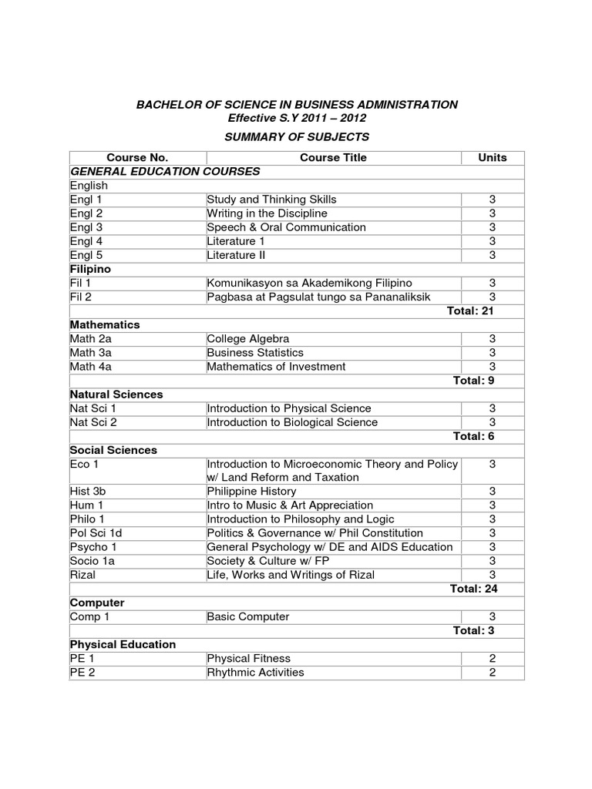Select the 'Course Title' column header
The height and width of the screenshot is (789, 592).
333,157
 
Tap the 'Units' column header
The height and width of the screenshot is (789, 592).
493,157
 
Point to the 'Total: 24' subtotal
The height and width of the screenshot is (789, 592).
473,589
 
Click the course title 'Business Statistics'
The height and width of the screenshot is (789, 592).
254,353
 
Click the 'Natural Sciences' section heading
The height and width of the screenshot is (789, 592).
116,394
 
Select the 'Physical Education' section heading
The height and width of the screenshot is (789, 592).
123,644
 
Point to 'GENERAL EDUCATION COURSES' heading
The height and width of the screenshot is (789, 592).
165,171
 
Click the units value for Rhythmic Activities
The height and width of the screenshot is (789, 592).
493,673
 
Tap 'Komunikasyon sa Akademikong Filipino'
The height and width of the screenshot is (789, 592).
309,284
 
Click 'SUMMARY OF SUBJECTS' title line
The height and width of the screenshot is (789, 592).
297,136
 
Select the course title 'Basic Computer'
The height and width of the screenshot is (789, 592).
248,616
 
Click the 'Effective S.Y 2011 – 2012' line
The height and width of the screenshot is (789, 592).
297,118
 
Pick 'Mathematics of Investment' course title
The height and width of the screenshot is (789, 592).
276,367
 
